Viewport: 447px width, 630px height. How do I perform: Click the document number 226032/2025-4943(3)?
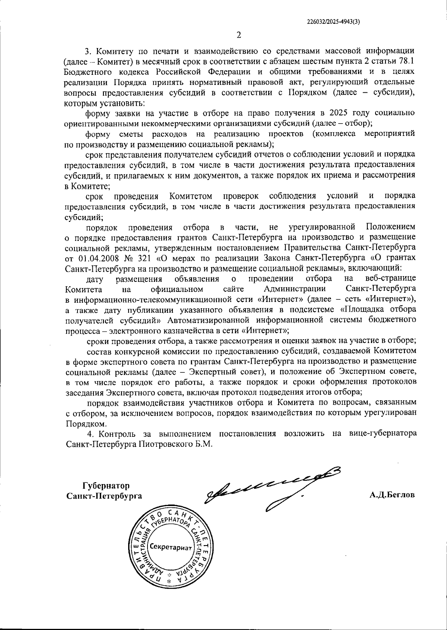(x=333, y=22)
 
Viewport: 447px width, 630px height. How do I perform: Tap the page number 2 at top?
(x=239, y=35)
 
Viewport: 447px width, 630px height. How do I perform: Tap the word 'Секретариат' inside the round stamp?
(x=170, y=547)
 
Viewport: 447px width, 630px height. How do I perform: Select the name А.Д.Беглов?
(x=392, y=495)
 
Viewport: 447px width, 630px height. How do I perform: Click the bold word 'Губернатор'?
(x=106, y=486)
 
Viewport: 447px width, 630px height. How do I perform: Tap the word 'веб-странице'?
(x=390, y=279)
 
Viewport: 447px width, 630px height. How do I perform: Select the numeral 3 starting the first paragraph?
(x=88, y=51)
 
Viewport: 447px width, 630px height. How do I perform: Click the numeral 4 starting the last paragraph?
(x=89, y=433)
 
